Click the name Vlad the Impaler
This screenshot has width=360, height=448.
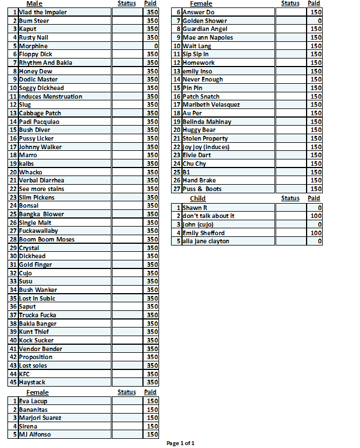[42, 12]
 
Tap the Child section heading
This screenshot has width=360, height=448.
[198, 198]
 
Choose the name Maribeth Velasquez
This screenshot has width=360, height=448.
[211, 104]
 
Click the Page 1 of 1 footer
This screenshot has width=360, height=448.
[181, 443]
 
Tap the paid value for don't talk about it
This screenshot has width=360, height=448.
[316, 216]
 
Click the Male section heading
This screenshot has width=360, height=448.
[34, 3]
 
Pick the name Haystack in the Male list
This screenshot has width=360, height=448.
[32, 382]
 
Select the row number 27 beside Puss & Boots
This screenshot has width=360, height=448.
[177, 189]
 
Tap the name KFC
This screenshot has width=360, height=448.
[24, 374]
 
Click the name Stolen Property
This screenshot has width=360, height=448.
[205, 138]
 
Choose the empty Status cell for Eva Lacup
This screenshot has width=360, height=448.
[126, 401]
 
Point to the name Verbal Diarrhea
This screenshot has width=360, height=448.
[41, 180]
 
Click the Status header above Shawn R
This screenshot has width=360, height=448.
[291, 198]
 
